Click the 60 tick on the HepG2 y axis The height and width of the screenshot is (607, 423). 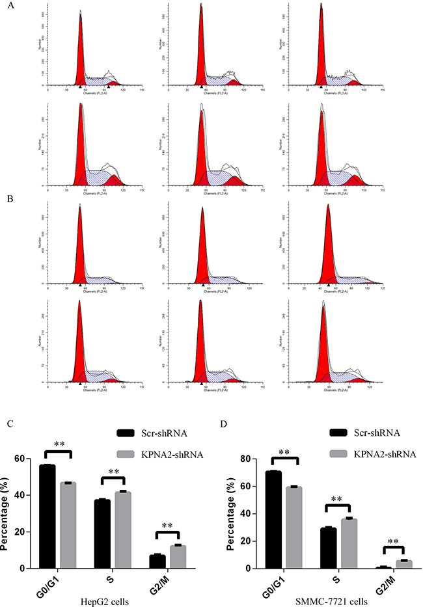coord(28,459)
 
